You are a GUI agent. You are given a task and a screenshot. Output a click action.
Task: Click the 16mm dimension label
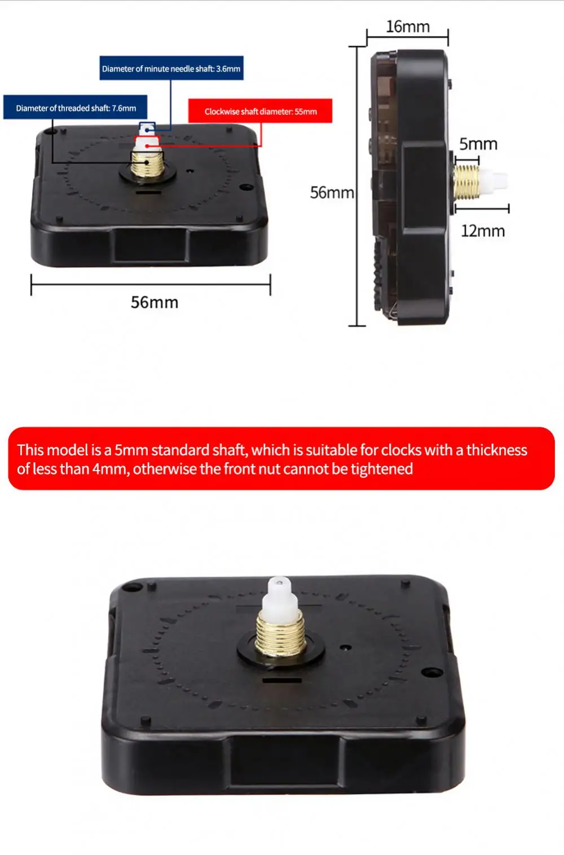(x=407, y=26)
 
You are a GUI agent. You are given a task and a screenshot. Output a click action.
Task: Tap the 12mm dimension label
(x=483, y=231)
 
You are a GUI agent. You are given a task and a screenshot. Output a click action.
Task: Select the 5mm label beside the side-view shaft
(x=478, y=144)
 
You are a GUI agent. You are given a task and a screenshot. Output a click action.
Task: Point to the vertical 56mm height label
(x=332, y=193)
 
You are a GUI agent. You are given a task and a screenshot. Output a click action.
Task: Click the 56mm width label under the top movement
(x=155, y=303)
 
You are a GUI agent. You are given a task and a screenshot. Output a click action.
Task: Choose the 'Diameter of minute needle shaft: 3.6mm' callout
(x=171, y=69)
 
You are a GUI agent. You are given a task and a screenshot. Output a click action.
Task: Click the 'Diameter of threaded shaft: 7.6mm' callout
(x=76, y=108)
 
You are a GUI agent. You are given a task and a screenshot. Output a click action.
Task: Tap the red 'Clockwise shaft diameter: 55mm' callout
(x=260, y=112)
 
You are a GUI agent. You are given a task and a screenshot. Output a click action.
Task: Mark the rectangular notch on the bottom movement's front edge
(x=285, y=761)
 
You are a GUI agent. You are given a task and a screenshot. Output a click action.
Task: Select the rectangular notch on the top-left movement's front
(x=150, y=246)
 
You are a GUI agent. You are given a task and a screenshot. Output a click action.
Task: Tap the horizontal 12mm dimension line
(x=482, y=209)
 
